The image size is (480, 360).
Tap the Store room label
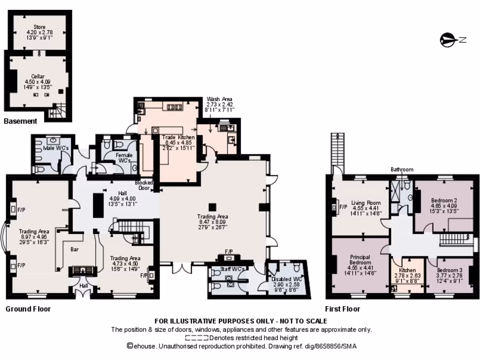click(x=39, y=27)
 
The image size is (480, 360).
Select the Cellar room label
click(x=38, y=76)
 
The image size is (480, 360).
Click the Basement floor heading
click(x=20, y=121)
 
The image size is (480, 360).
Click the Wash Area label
click(x=220, y=99)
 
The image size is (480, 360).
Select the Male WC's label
click(x=56, y=148)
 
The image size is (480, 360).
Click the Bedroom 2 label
click(x=444, y=200)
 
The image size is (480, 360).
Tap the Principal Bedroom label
click(x=360, y=260)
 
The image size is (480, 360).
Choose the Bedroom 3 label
click(x=450, y=270)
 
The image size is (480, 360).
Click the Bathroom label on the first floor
click(x=402, y=169)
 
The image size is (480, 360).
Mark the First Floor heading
click(x=343, y=309)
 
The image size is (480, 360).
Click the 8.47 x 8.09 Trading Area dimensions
click(x=213, y=222)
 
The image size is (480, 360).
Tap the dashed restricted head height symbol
click(x=196, y=337)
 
